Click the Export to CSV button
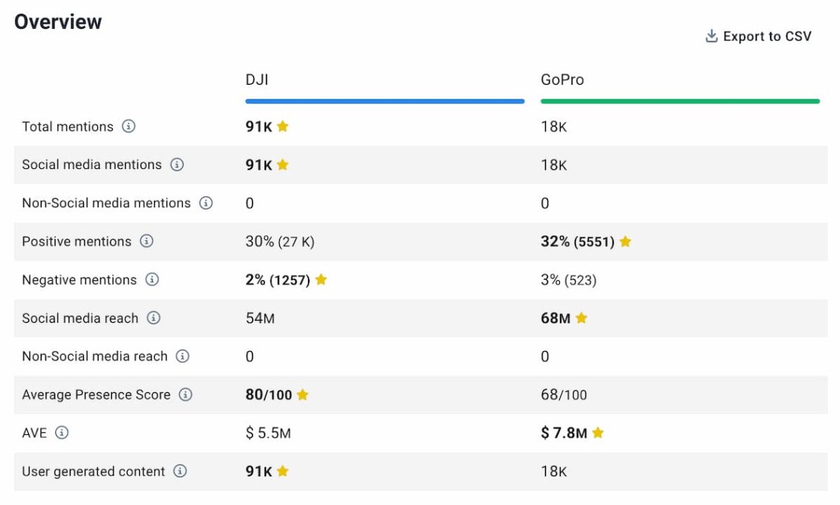[x=758, y=37]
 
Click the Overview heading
[x=58, y=22]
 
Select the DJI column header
[x=257, y=80]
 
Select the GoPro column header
[x=562, y=80]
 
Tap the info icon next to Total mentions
[x=128, y=127]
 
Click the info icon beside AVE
[x=62, y=433]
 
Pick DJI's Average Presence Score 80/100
[x=268, y=395]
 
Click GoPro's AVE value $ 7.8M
[x=564, y=433]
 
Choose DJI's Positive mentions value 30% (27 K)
[x=280, y=242]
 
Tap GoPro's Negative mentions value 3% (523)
[x=569, y=280]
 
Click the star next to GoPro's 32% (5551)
[x=626, y=242]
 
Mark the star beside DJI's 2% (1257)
[x=321, y=280]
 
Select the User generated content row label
[x=94, y=472]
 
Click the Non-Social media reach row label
[x=95, y=357]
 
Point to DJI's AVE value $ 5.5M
[x=268, y=433]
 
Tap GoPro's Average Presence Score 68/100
[x=564, y=395]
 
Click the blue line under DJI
[x=385, y=101]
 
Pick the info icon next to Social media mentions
[x=177, y=165]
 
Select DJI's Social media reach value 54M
[x=260, y=318]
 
